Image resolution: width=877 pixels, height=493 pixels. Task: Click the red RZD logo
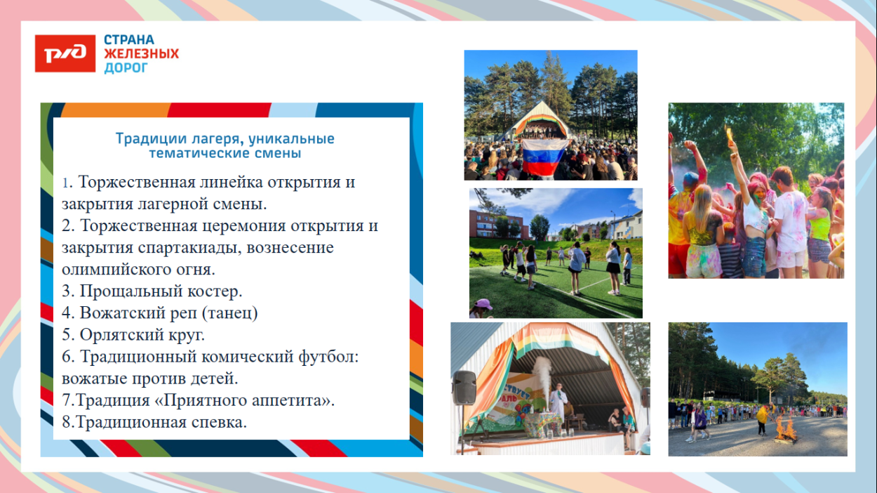[65, 53]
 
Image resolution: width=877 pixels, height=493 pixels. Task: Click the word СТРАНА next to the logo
[129, 40]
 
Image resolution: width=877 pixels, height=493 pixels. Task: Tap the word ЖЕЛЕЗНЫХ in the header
[141, 54]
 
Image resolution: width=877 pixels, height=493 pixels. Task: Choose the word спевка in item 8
[217, 422]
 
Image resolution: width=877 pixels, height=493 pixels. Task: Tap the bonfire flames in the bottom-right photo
[785, 428]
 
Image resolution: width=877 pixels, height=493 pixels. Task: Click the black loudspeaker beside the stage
[464, 388]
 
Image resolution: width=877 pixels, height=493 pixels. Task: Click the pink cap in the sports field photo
[483, 303]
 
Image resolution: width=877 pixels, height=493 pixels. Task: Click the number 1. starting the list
[67, 183]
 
